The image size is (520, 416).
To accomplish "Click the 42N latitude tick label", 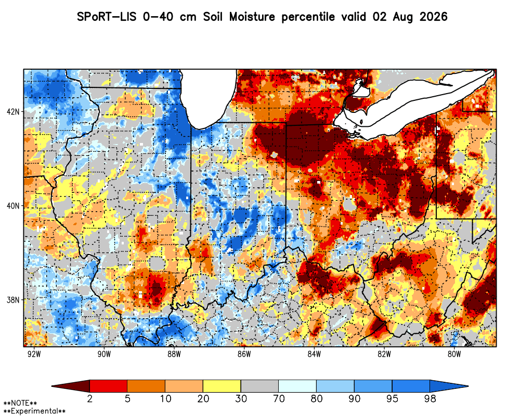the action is [14, 111].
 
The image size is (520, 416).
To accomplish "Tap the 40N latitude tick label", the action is [14, 206].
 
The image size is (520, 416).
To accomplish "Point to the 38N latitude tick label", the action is [14, 300].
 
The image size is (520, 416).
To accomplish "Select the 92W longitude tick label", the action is [34, 354].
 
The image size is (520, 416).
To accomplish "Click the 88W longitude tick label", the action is [174, 354].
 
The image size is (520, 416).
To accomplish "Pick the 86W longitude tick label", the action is [244, 354].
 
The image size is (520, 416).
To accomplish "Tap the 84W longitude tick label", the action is [314, 354].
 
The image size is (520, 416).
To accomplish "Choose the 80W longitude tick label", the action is [454, 354].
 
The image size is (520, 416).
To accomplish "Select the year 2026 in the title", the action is [434, 17].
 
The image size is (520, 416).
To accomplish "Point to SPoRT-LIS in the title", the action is [107, 17].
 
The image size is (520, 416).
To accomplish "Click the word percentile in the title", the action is [308, 17].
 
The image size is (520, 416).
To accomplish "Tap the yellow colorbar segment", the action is [222, 386].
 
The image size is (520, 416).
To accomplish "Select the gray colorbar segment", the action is [259, 386].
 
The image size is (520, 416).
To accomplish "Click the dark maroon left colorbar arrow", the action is [71, 386].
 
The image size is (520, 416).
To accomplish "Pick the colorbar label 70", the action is [279, 398].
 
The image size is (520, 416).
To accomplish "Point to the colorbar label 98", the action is [430, 398].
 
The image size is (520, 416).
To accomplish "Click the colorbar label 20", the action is [203, 398].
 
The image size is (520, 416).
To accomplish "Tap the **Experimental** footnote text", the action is [34, 411].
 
